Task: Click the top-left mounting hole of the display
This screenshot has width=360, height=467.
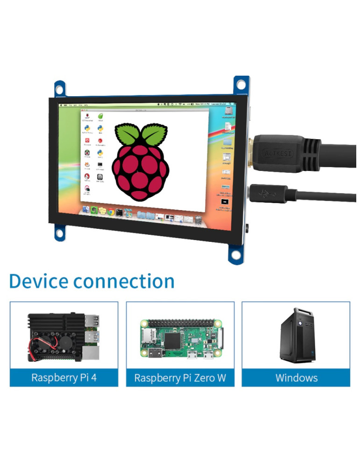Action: point(60,87)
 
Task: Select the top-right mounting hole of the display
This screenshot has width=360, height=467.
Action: point(240,85)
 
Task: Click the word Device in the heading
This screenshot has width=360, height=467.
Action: point(38,282)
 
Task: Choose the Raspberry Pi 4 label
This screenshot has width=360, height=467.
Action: point(64,377)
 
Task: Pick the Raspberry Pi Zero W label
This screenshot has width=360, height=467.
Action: point(180,378)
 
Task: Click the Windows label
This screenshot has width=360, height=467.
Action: point(296,377)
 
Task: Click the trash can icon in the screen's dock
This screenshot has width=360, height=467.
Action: point(198,219)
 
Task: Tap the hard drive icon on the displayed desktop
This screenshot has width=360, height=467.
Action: point(228,111)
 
